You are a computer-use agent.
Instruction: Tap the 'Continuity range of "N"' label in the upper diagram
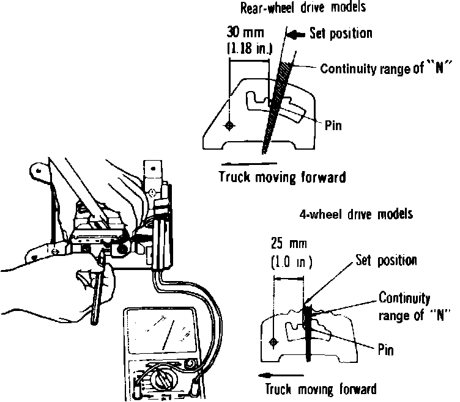pos(382,67)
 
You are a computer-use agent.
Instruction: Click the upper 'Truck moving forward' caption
pos(282,178)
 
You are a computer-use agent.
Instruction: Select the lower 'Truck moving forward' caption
pos(321,389)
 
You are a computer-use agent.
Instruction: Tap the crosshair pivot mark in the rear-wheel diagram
pos(229,126)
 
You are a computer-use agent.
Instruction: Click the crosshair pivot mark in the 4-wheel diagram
pos(273,341)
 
